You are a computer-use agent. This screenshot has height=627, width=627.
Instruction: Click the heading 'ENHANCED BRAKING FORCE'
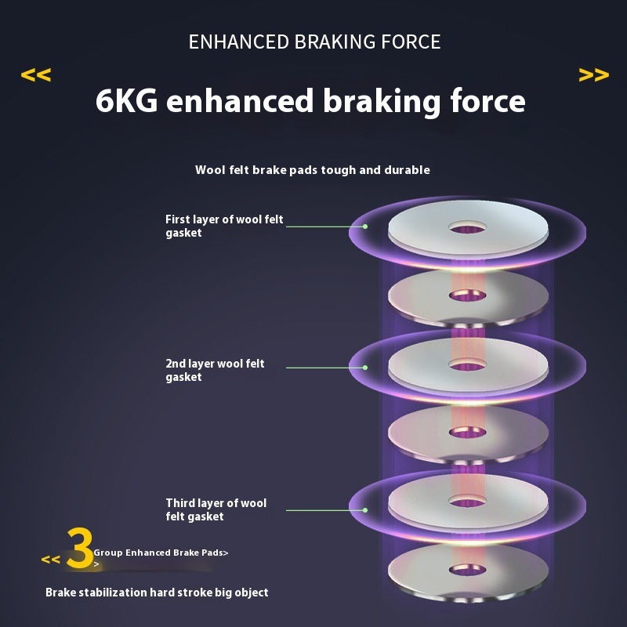(x=314, y=42)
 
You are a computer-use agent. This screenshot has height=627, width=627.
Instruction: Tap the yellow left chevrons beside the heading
(x=35, y=75)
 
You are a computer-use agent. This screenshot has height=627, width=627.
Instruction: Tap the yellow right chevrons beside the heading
(x=593, y=75)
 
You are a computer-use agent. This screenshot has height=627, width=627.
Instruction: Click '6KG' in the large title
(x=126, y=102)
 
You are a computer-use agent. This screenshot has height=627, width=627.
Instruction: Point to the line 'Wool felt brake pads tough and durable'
(x=313, y=170)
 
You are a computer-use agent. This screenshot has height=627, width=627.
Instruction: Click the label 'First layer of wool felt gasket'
(x=224, y=226)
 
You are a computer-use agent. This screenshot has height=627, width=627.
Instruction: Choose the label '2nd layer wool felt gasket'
(x=215, y=370)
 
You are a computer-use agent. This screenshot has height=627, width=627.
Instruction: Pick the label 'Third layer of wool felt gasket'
(x=216, y=509)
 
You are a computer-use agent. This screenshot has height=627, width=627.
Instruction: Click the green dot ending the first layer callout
(x=365, y=227)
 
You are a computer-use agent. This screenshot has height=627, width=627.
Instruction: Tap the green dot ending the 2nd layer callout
(x=365, y=366)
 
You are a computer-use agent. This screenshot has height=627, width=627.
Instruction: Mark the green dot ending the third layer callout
(x=365, y=510)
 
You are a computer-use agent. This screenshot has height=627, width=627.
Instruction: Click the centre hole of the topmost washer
(x=468, y=227)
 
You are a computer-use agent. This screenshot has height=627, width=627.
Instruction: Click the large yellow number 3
(x=80, y=548)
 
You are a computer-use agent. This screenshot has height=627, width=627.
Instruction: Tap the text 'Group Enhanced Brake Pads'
(x=159, y=553)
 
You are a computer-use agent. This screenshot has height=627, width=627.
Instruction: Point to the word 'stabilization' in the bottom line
(x=113, y=593)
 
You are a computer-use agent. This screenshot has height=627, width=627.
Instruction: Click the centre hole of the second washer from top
(x=468, y=295)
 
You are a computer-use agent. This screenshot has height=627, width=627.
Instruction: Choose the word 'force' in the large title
(x=488, y=102)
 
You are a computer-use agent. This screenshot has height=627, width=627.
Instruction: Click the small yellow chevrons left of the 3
(x=51, y=560)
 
